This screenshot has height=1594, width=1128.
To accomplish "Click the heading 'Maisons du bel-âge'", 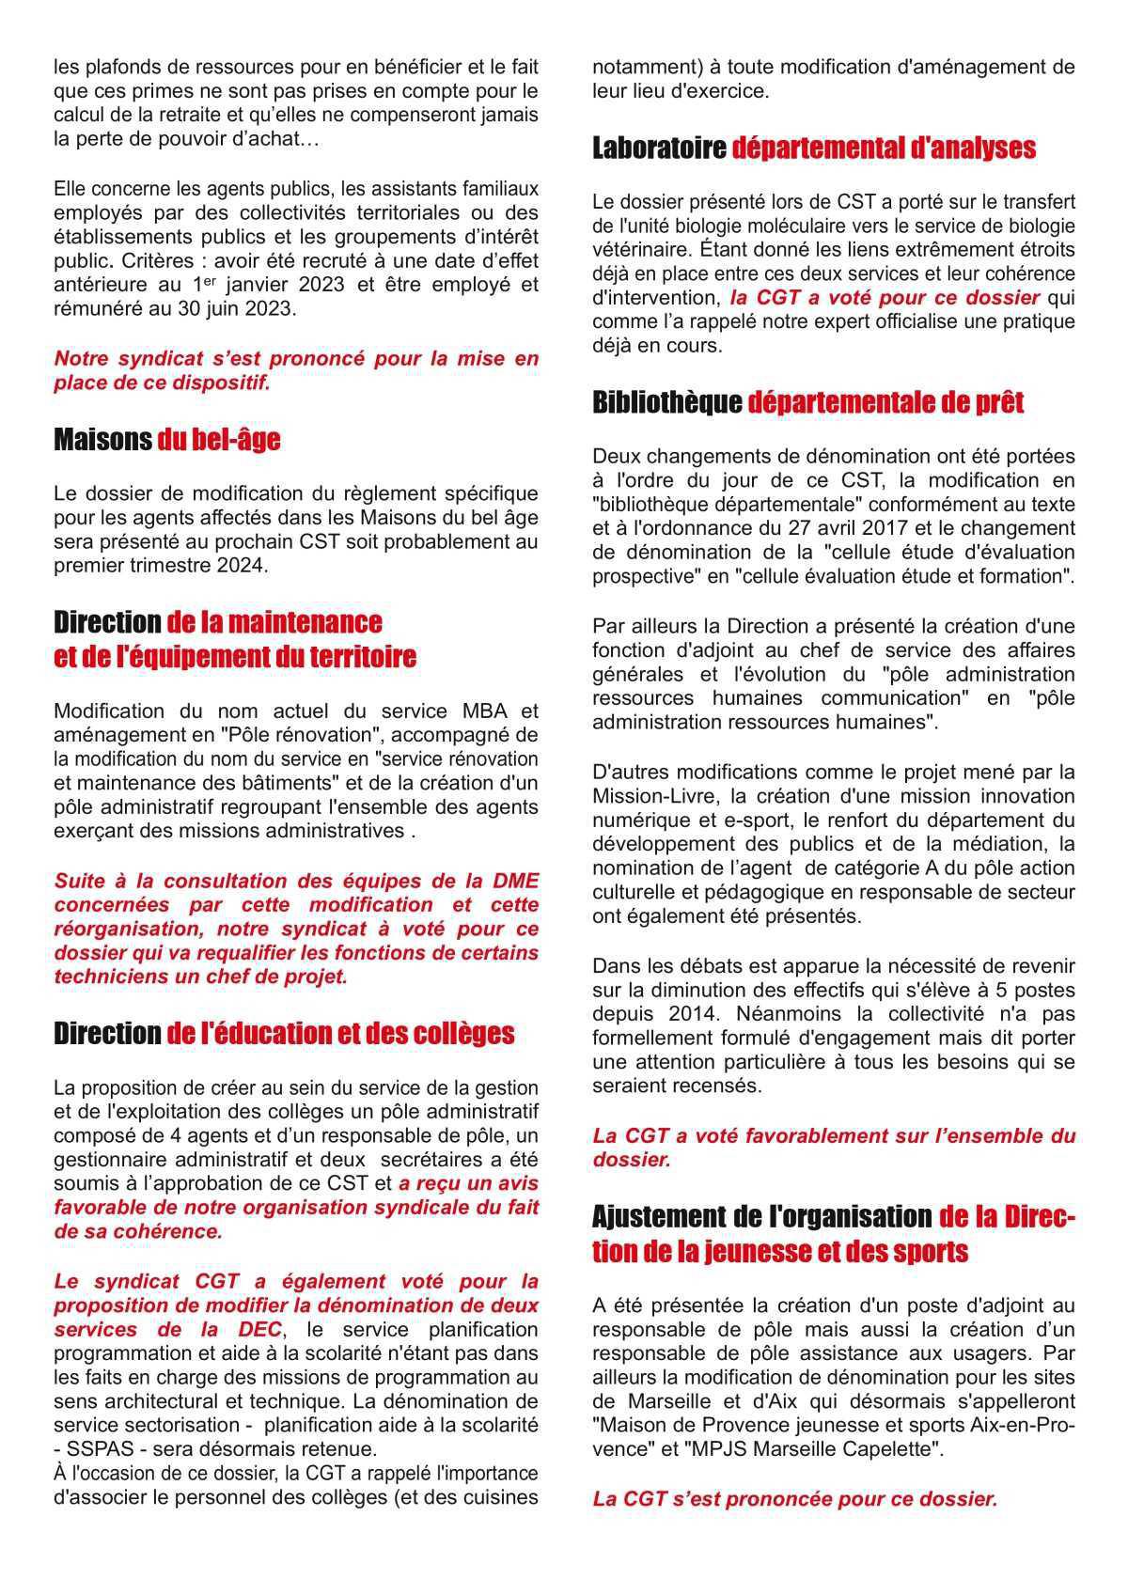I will coord(166,440).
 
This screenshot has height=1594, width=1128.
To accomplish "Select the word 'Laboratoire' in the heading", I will coord(659,148).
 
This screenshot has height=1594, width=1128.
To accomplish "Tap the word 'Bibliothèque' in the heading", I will coord(666,402).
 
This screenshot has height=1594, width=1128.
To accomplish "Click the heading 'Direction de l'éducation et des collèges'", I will coord(284,1034).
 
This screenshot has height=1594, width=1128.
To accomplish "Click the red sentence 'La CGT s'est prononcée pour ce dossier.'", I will coord(794,1500).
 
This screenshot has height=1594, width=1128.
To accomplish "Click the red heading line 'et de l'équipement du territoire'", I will coord(235,657).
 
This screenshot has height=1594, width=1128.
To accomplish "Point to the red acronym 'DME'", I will coord(515,881).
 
